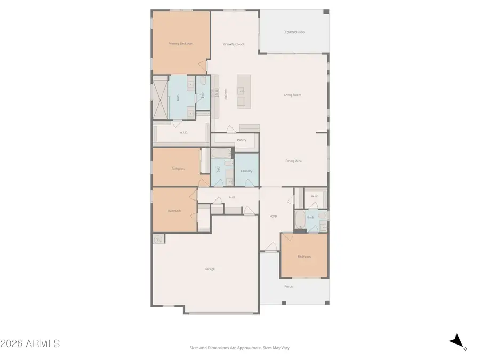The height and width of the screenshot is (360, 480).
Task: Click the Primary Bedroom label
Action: click(180, 43)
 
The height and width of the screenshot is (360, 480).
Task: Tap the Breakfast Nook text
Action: click(234, 44)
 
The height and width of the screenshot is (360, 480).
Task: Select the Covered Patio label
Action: click(294, 32)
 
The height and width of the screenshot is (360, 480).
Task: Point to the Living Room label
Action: click(292, 95)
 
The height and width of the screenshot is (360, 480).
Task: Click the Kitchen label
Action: click(226, 94)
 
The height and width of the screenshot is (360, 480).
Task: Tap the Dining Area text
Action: click(293, 161)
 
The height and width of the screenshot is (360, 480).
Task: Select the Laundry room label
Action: click(246, 171)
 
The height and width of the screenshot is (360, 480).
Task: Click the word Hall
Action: click(232, 197)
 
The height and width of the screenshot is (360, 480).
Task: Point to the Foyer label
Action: click(273, 216)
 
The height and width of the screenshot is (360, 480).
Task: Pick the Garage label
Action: click(210, 269)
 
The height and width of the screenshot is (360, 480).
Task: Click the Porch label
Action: click(289, 287)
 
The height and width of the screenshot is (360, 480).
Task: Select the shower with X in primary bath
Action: click(161, 99)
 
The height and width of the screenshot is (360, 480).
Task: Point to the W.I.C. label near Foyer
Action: click(315, 196)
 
